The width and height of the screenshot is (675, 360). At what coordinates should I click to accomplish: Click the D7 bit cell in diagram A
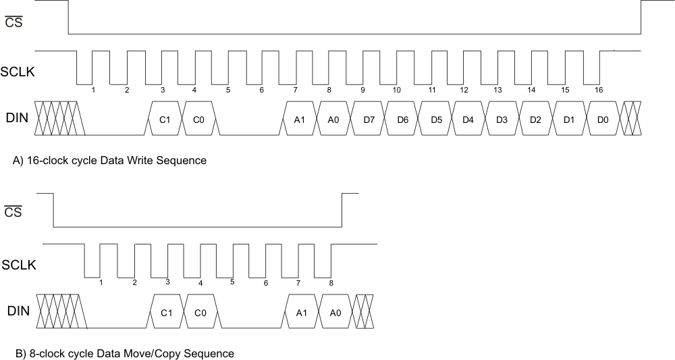coord(369,119)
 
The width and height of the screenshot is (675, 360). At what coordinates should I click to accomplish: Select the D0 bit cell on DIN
coord(603,119)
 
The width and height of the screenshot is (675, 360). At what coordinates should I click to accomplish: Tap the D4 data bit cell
coord(468,119)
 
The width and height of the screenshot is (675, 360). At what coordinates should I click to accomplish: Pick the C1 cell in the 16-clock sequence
coord(164,119)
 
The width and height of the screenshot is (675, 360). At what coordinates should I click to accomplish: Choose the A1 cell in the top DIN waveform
coord(300,119)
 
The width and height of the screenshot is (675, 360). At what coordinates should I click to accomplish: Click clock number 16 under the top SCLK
coord(598,90)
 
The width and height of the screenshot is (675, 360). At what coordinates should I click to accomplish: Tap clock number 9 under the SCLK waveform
coord(362,90)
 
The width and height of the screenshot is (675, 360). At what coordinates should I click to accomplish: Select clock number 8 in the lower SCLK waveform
coord(329,282)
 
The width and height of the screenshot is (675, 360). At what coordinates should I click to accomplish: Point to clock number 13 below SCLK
coord(497,90)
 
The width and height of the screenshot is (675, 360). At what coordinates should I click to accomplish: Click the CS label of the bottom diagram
coord(13,213)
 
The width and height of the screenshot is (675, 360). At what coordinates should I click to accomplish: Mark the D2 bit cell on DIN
coord(535,119)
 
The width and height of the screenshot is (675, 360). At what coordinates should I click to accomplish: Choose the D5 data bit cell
coord(435,119)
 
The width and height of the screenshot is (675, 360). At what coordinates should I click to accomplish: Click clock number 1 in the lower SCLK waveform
coord(101,282)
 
